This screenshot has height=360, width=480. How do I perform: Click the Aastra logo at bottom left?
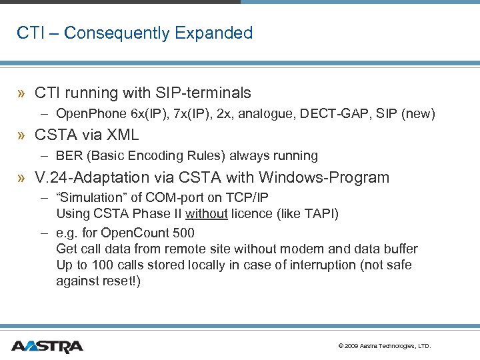click(x=47, y=346)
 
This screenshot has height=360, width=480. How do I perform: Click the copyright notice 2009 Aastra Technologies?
click(x=385, y=346)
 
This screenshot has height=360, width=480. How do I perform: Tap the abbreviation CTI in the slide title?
click(x=29, y=33)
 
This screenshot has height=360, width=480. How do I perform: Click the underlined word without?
click(x=207, y=214)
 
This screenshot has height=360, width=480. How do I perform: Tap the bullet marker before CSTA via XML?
click(x=22, y=135)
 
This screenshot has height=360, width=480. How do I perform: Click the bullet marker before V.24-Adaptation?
click(x=22, y=178)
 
